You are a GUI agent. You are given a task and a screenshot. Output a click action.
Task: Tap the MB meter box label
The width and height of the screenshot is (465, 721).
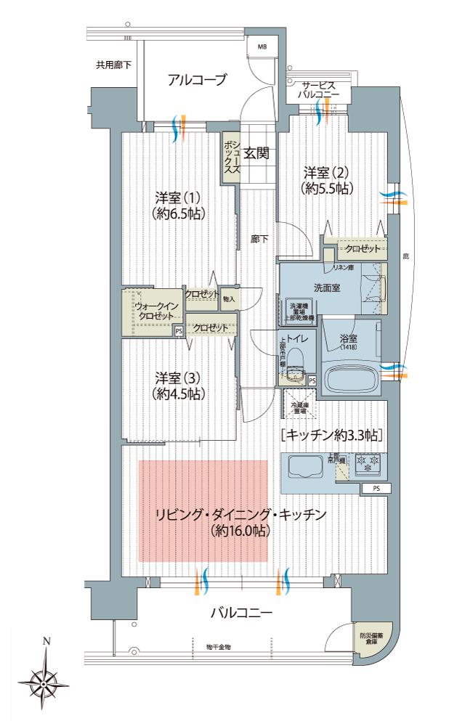[x=262, y=48]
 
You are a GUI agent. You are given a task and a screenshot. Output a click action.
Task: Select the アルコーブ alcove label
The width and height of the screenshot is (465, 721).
[x=197, y=80]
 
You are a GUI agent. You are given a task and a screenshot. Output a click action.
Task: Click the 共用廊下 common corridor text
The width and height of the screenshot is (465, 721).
[x=114, y=65]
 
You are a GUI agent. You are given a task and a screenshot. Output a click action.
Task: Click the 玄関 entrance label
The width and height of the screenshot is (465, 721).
[x=256, y=153]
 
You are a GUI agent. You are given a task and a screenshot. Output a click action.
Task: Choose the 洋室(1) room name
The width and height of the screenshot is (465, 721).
[x=178, y=197]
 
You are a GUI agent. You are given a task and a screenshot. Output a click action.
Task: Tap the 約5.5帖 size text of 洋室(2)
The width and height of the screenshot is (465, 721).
[x=327, y=187]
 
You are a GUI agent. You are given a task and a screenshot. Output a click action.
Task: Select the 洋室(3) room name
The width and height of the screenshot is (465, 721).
[x=178, y=378]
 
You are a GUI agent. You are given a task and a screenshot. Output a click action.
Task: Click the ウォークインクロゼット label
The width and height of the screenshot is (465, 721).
[x=154, y=311]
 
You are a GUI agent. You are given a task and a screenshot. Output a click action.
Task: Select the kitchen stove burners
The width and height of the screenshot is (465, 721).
[x=370, y=460]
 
